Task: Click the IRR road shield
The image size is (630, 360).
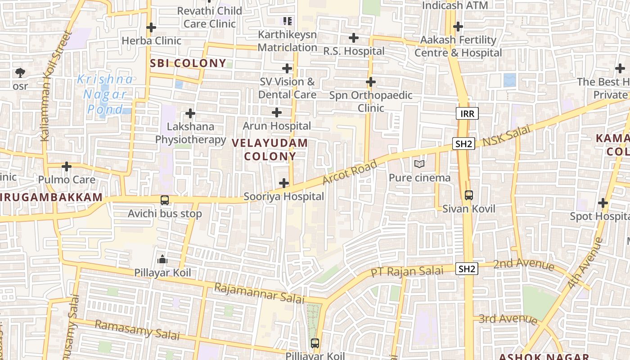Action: [467, 113]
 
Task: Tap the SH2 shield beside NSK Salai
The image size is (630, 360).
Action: [464, 144]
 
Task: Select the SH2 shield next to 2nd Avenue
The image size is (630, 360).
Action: [467, 269]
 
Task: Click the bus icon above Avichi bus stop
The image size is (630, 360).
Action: [165, 200]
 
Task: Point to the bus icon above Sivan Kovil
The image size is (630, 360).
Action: [469, 195]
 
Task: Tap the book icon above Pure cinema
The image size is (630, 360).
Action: [419, 164]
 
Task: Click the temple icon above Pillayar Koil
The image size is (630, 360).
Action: [162, 259]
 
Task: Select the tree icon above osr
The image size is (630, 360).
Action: [20, 72]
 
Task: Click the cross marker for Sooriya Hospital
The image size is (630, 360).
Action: [284, 183]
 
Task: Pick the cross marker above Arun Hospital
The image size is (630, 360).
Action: [277, 112]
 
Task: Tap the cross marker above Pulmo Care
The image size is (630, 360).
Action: [67, 166]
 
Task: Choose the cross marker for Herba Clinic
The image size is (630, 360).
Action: [151, 27]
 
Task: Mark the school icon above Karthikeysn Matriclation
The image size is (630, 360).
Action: [287, 21]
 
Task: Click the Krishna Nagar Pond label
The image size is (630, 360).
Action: [106, 94]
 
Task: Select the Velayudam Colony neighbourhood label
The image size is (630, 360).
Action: [270, 150]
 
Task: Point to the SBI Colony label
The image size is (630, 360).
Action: [188, 63]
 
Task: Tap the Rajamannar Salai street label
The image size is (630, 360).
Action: [259, 293]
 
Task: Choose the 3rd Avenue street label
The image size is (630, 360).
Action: [508, 319]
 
